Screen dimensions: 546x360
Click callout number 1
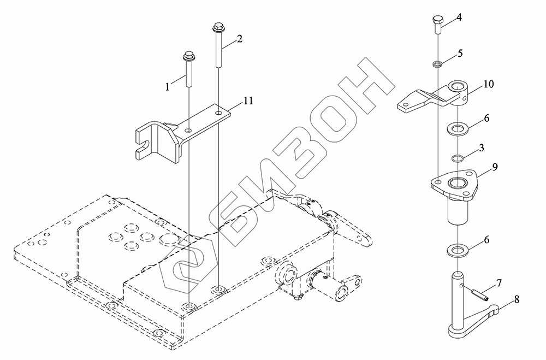(168, 86)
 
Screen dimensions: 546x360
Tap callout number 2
(239, 39)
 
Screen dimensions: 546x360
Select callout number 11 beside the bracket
(248, 101)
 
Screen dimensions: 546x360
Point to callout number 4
(459, 17)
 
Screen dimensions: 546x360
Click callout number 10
(489, 84)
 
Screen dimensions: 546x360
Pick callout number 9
(495, 167)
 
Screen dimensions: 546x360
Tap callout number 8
(517, 299)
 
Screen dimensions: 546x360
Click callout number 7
(499, 283)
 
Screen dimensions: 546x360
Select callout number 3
(482, 147)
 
